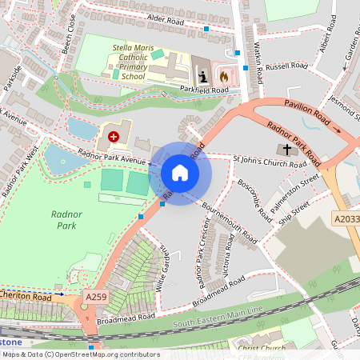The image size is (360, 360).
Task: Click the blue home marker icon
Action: [180, 173]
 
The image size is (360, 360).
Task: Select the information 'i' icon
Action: [203, 76]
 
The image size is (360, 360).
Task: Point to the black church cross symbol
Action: [286, 149]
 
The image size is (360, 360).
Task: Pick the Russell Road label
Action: [287, 66]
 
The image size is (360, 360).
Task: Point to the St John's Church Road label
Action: [270, 163]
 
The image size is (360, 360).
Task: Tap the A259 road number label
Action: [96, 297]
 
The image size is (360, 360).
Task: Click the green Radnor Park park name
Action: [66, 221]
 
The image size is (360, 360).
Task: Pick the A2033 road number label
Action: [346, 218]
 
